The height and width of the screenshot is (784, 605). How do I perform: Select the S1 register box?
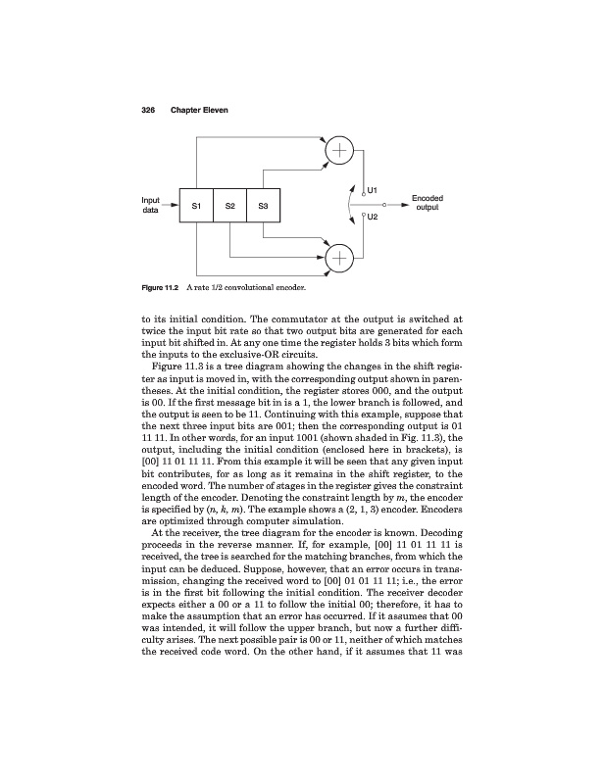[196, 206]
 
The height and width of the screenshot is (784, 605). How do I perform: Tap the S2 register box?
[229, 206]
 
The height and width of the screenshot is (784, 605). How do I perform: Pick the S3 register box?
[264, 206]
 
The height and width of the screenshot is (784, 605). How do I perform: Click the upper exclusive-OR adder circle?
[339, 150]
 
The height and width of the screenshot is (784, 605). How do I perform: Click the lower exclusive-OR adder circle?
[339, 259]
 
